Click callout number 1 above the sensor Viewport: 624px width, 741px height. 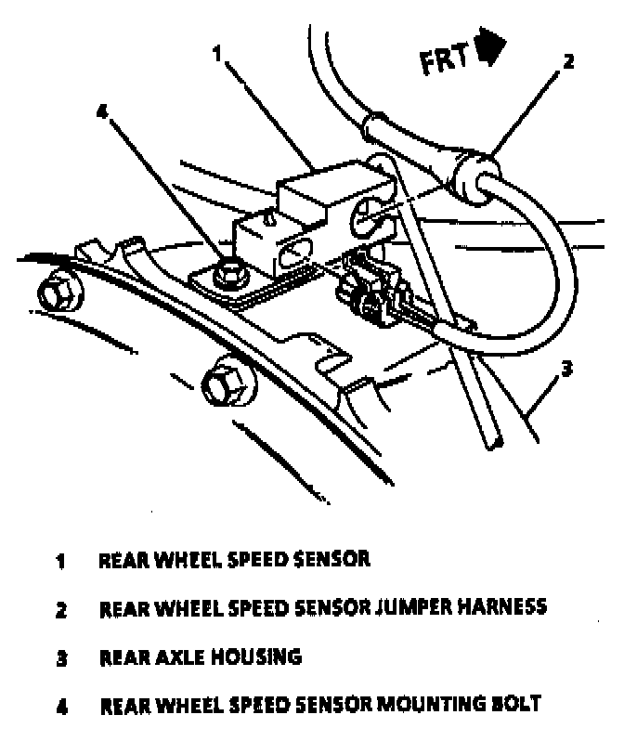(x=216, y=55)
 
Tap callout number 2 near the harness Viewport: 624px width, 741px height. (x=568, y=63)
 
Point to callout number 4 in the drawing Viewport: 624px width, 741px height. (x=102, y=112)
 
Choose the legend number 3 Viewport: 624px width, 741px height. (x=60, y=658)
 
